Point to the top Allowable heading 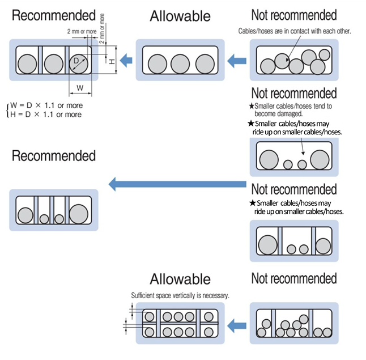point(180,16)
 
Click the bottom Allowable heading point(180,279)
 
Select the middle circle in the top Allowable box point(180,62)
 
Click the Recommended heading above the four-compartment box point(54,155)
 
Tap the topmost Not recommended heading point(293,15)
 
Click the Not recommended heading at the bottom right point(293,278)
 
